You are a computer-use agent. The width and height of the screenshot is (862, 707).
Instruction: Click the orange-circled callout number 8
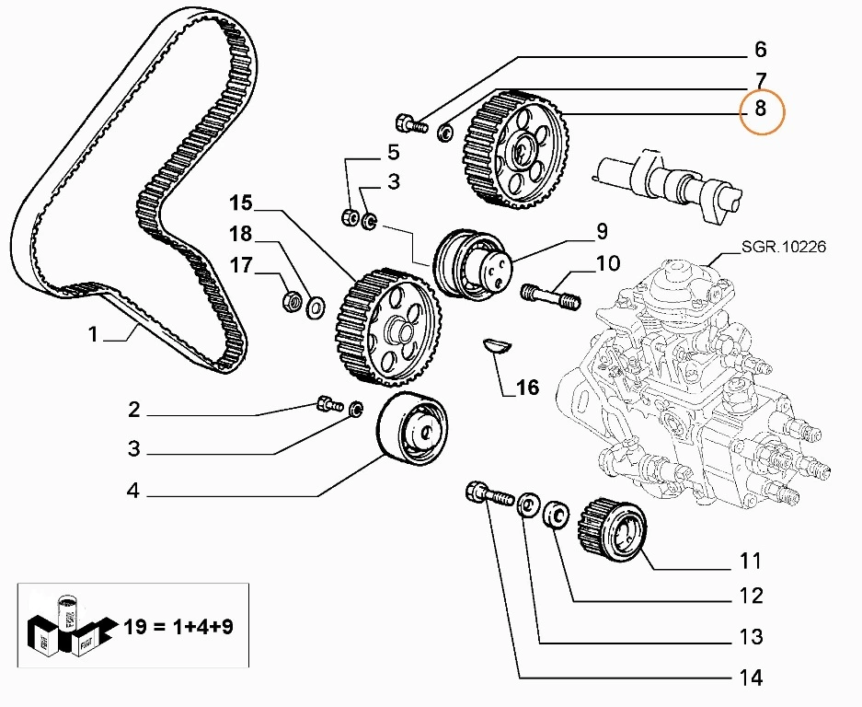click(760, 110)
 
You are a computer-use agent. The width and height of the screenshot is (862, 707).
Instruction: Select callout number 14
click(751, 678)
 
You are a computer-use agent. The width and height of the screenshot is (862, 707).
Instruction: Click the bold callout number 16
click(526, 388)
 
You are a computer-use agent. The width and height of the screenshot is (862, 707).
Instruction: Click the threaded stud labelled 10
click(551, 296)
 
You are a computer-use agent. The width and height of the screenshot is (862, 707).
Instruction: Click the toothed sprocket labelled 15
click(387, 328)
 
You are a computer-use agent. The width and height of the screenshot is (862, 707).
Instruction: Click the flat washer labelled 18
click(314, 305)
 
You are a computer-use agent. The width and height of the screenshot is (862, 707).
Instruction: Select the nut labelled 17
click(291, 300)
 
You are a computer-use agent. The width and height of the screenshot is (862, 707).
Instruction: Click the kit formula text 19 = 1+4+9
click(178, 629)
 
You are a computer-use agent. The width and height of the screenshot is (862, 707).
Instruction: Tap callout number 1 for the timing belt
click(93, 335)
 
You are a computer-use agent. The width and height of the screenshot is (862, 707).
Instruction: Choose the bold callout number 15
click(240, 203)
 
